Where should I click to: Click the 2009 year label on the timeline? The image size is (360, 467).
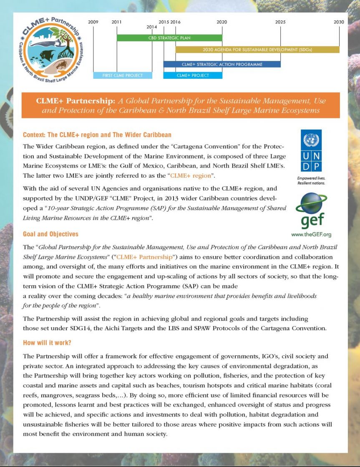[x=93, y=22]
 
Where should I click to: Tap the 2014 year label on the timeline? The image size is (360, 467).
[x=152, y=27]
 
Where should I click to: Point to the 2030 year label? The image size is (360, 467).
[x=339, y=22]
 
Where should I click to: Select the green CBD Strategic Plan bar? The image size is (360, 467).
[x=169, y=38]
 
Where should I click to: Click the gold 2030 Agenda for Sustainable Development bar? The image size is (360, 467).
[x=257, y=50]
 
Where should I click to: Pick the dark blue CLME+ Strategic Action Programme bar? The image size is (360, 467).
[x=222, y=64]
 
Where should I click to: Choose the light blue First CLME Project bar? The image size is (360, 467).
[x=123, y=75]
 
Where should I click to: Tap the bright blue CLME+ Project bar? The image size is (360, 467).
[x=192, y=75]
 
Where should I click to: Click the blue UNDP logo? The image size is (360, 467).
[x=311, y=151]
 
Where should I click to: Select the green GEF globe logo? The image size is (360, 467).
[x=311, y=211]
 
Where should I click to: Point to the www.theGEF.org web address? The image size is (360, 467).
[x=311, y=234]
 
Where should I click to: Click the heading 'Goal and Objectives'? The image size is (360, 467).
[x=50, y=234]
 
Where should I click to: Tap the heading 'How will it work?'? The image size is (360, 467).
[x=47, y=343]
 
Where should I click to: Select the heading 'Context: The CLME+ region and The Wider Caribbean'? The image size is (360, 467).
[x=97, y=135]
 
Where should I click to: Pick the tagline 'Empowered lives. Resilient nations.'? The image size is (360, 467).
[x=311, y=180]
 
